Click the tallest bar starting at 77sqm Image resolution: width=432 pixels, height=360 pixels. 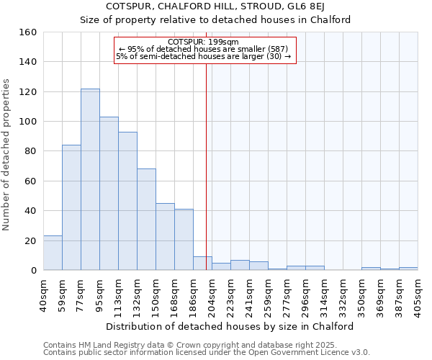coord(90,179)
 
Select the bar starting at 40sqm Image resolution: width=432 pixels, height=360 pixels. coord(53,253)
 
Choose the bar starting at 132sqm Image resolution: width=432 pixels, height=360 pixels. coord(146,220)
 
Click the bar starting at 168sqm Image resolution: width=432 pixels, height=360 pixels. coord(184,240)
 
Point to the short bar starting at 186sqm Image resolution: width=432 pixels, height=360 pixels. coord(202,264)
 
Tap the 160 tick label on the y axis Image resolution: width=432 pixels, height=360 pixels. coord(27,32)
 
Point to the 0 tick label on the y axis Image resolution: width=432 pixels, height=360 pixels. coord(33,270)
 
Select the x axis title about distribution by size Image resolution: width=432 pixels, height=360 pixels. coord(230,326)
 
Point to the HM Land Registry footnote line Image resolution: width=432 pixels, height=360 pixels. coord(205,345)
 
